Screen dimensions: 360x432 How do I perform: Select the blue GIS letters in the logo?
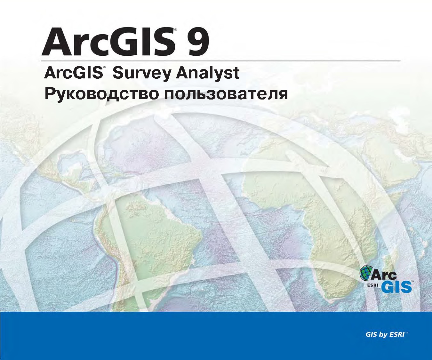[396, 287]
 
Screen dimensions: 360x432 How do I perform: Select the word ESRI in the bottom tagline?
[397, 335]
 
